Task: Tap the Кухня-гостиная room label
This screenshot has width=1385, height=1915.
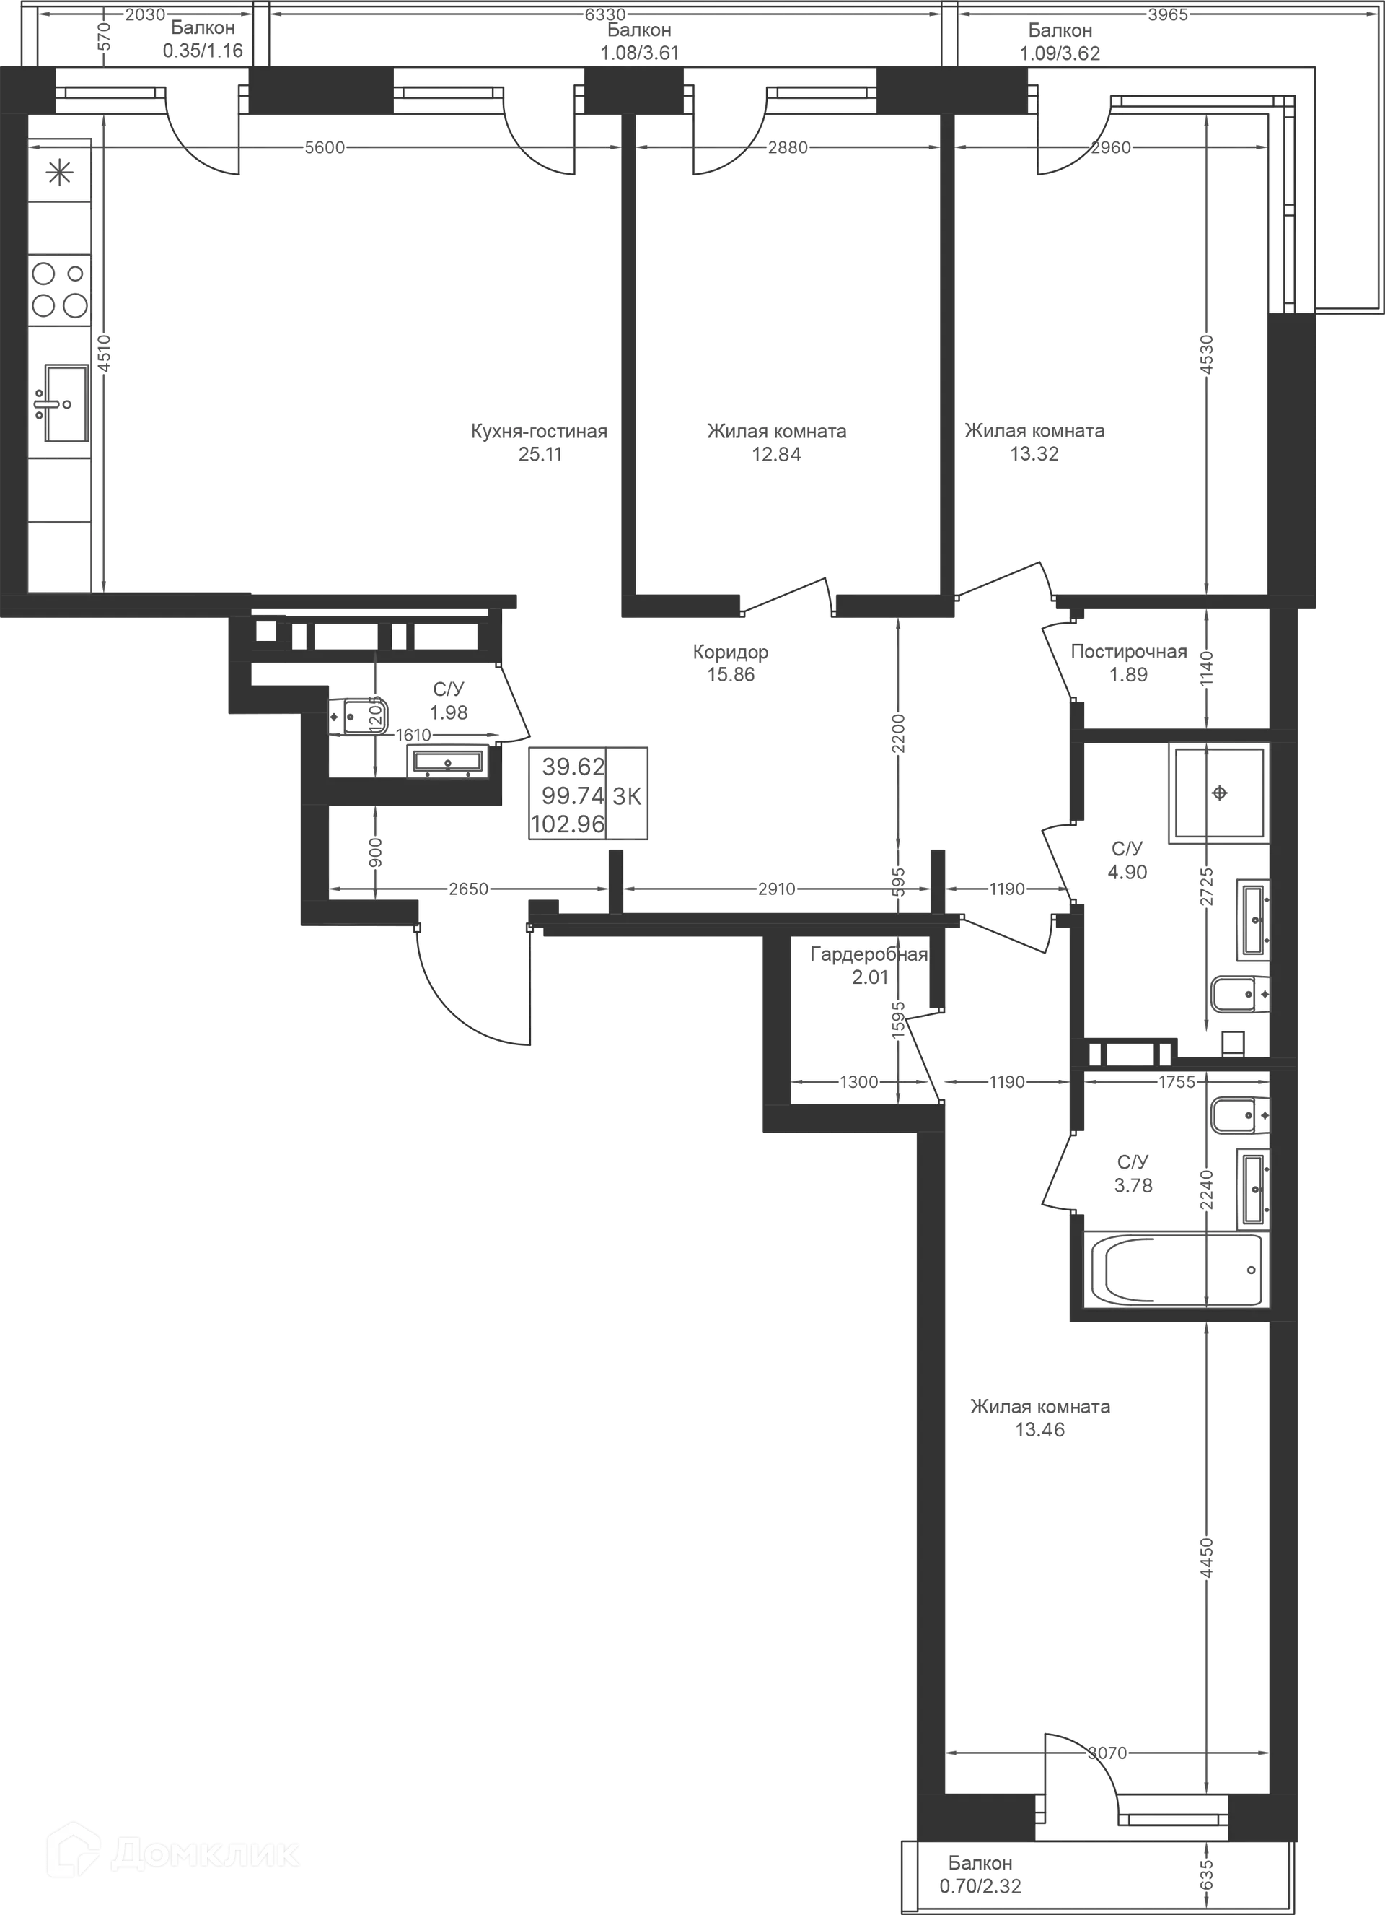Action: [x=538, y=433]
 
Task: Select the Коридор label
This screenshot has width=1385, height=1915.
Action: [x=731, y=653]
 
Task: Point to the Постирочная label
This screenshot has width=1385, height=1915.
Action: [x=1127, y=652]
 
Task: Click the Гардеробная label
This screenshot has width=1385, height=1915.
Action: [x=868, y=955]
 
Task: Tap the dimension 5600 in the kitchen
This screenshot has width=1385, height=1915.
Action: [x=325, y=149]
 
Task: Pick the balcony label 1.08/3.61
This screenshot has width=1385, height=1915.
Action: [x=640, y=54]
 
